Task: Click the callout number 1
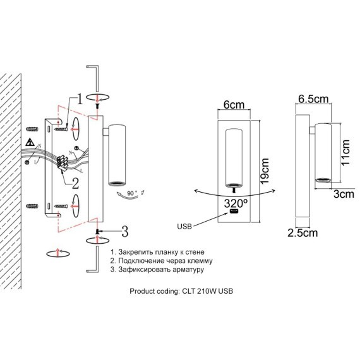[x=79, y=99]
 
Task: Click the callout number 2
[x=76, y=183]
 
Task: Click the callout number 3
[x=124, y=231]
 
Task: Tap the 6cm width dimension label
[x=234, y=105]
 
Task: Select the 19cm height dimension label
[x=265, y=171]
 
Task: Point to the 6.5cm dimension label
[x=313, y=99]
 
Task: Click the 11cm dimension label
[x=345, y=152]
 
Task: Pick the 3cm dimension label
[x=344, y=195]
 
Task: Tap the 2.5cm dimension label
[x=303, y=233]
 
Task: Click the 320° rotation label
[x=236, y=203]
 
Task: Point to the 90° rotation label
[x=132, y=193]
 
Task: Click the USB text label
[x=184, y=227]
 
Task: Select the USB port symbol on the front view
[x=234, y=211]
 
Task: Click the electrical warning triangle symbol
[x=30, y=142]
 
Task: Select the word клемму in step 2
[x=200, y=261]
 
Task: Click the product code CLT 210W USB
[x=208, y=291]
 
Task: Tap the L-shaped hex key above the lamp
[x=97, y=78]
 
